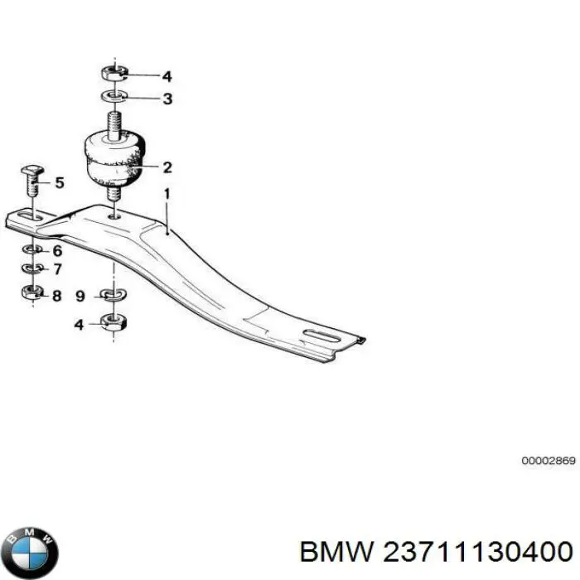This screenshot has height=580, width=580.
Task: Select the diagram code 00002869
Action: click(x=549, y=461)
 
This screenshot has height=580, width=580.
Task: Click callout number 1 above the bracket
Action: click(x=167, y=194)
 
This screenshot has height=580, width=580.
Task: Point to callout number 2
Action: click(x=167, y=167)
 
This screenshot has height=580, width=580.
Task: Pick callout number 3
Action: click(x=167, y=99)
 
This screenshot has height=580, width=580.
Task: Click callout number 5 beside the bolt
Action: click(x=60, y=183)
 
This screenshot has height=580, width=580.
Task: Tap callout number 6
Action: click(x=57, y=251)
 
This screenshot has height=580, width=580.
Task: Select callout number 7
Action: click(x=57, y=269)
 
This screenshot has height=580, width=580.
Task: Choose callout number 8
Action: click(x=56, y=296)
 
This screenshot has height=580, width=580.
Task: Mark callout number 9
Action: click(x=80, y=296)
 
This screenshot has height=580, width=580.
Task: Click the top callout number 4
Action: click(x=167, y=76)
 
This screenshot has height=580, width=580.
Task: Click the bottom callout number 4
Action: click(x=80, y=325)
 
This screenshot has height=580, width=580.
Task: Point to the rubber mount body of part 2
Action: click(x=115, y=158)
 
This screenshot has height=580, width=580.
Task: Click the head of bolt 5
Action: click(x=32, y=171)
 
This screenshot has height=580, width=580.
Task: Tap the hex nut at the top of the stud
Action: click(x=114, y=72)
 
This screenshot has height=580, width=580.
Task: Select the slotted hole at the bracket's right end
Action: click(x=322, y=336)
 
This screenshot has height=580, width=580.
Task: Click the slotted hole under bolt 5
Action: click(x=31, y=216)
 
